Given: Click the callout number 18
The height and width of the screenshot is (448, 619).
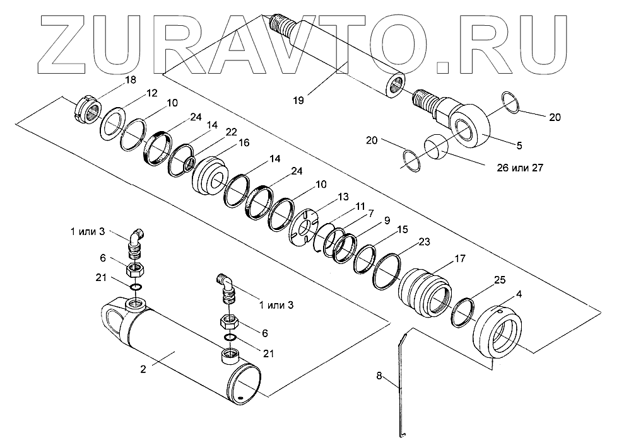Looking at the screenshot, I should click(131, 80).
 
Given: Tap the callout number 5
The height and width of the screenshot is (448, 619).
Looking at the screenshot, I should click(519, 146).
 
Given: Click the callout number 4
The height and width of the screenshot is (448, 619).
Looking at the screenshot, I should click(519, 293).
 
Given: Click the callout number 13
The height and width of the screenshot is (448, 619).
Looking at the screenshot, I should click(343, 197).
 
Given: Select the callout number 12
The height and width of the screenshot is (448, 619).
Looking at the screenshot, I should click(152, 93).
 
